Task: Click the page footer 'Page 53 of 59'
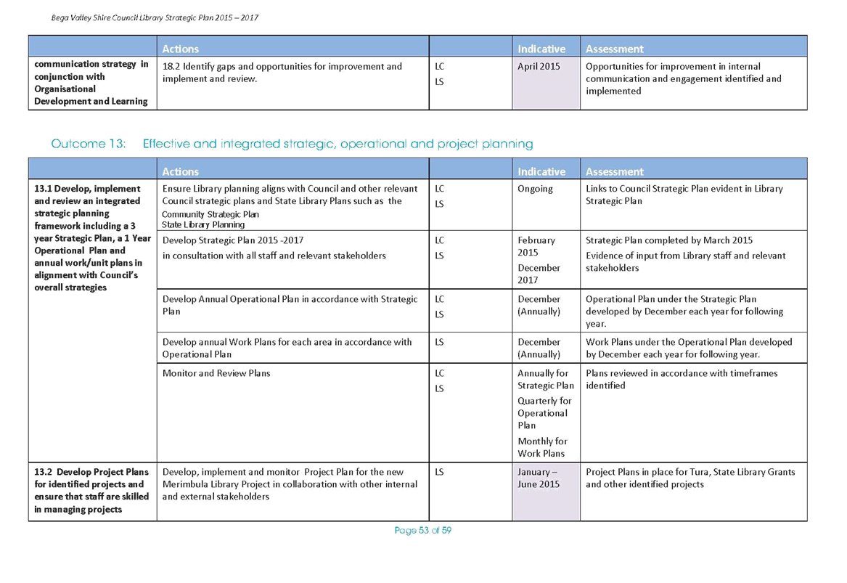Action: (x=423, y=531)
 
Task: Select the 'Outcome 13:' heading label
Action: (x=88, y=144)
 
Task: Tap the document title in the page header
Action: (x=155, y=18)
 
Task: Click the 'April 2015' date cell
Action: (x=539, y=67)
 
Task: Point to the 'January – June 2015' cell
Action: (x=539, y=478)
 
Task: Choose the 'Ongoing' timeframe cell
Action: (x=535, y=189)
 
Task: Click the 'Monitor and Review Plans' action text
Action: (x=216, y=373)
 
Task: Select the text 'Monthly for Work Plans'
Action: (x=542, y=447)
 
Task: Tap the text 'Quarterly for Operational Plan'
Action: (x=544, y=413)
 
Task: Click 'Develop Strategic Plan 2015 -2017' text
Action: (x=233, y=240)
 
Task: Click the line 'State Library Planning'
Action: (x=203, y=225)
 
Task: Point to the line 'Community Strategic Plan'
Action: (x=210, y=214)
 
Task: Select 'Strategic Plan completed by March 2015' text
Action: (x=668, y=240)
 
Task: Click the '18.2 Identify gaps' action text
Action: (x=282, y=73)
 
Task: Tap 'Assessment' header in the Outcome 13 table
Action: (x=614, y=171)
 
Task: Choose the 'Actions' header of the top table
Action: (x=181, y=49)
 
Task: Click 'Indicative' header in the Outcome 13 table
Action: (x=541, y=171)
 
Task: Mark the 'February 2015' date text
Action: (x=536, y=246)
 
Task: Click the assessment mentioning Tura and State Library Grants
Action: (x=690, y=478)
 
